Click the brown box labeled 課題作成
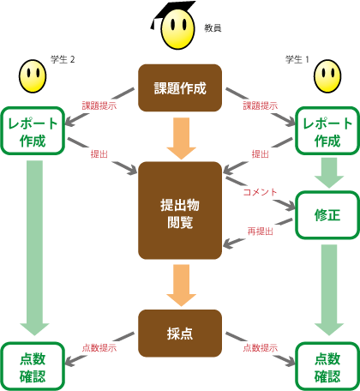pyautogui.click(x=180, y=87)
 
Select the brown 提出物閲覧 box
pyautogui.click(x=180, y=211)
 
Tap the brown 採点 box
pyautogui.click(x=180, y=334)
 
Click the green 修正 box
pyautogui.click(x=327, y=215)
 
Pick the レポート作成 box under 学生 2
pyautogui.click(x=33, y=131)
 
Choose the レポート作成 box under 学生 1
pyautogui.click(x=327, y=131)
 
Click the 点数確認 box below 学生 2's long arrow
pyautogui.click(x=33, y=367)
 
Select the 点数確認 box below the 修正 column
pyautogui.click(x=327, y=367)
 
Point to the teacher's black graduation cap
pyautogui.click(x=171, y=13)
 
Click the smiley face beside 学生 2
pyautogui.click(x=33, y=76)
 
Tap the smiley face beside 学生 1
pyautogui.click(x=327, y=76)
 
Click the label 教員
pyautogui.click(x=213, y=28)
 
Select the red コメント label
pyautogui.click(x=260, y=192)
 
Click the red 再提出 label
pyautogui.click(x=261, y=231)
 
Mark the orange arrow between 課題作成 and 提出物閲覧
pyautogui.click(x=182, y=138)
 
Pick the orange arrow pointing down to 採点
pyautogui.click(x=182, y=286)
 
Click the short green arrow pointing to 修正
pyautogui.click(x=329, y=172)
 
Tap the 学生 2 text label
pyautogui.click(x=63, y=59)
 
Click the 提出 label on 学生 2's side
pyautogui.click(x=99, y=154)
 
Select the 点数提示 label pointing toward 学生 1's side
pyautogui.click(x=261, y=348)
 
